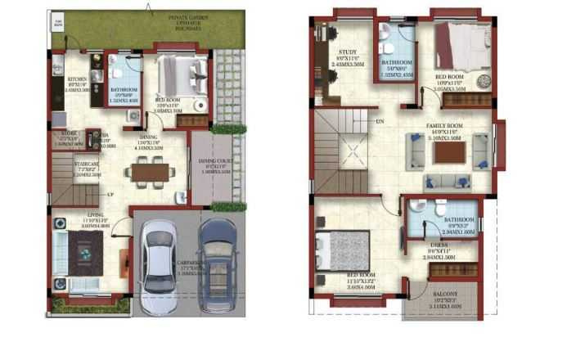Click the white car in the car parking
coord(155,267)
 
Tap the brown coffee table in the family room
coord(449,154)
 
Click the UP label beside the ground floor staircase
coord(110,195)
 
